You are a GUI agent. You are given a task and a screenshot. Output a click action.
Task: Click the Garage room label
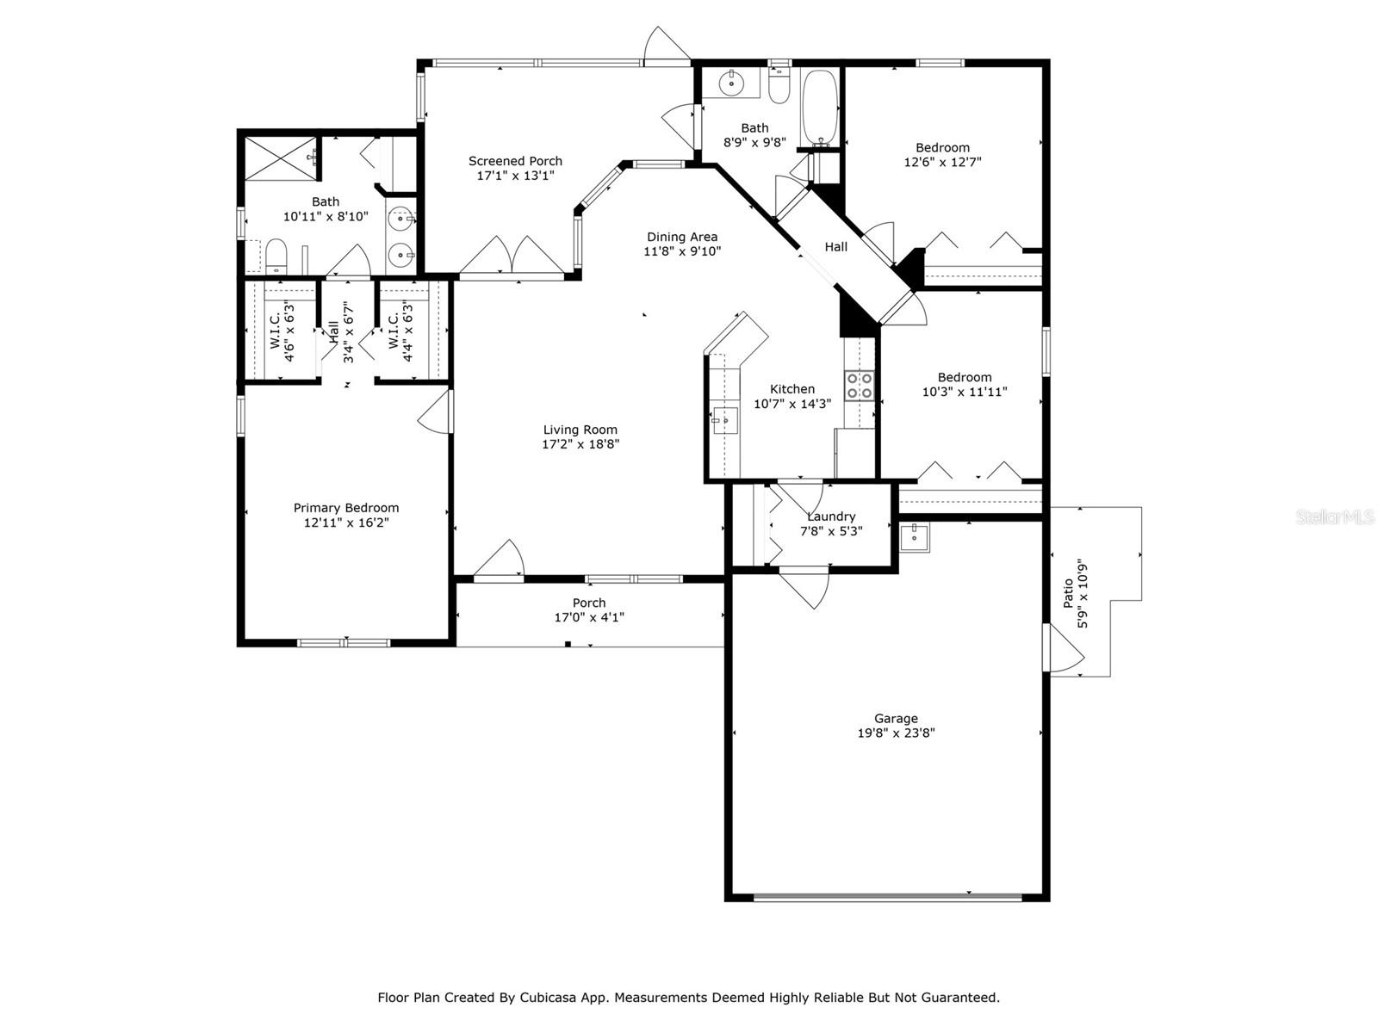point(896,719)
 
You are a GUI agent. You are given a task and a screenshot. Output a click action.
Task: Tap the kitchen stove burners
point(860,386)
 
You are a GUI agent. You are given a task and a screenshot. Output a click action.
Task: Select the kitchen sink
point(725,420)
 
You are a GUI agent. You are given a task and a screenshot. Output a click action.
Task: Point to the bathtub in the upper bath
point(820,108)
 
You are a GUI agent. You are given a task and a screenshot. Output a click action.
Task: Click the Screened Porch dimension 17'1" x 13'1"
point(515,176)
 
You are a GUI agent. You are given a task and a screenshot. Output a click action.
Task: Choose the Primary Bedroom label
point(346,507)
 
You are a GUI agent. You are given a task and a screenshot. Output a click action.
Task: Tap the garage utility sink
point(914,537)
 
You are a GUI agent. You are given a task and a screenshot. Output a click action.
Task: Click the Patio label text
point(1068,593)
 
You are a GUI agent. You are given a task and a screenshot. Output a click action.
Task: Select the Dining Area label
point(682,237)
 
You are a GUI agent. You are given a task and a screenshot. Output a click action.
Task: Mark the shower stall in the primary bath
point(282,158)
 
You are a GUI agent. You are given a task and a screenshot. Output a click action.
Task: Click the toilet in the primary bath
point(276,257)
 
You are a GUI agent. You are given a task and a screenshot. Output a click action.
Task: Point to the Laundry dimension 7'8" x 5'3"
point(831,531)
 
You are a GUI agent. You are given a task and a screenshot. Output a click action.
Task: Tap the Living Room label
point(580,430)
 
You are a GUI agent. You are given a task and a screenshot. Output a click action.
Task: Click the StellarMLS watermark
point(1335,517)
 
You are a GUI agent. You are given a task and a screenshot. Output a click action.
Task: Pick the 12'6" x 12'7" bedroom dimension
point(942,162)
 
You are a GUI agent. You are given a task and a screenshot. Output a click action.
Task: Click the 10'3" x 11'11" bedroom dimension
point(965,392)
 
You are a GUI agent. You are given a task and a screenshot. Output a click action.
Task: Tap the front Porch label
point(589,603)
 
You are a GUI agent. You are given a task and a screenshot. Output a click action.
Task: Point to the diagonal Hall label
point(835,247)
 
